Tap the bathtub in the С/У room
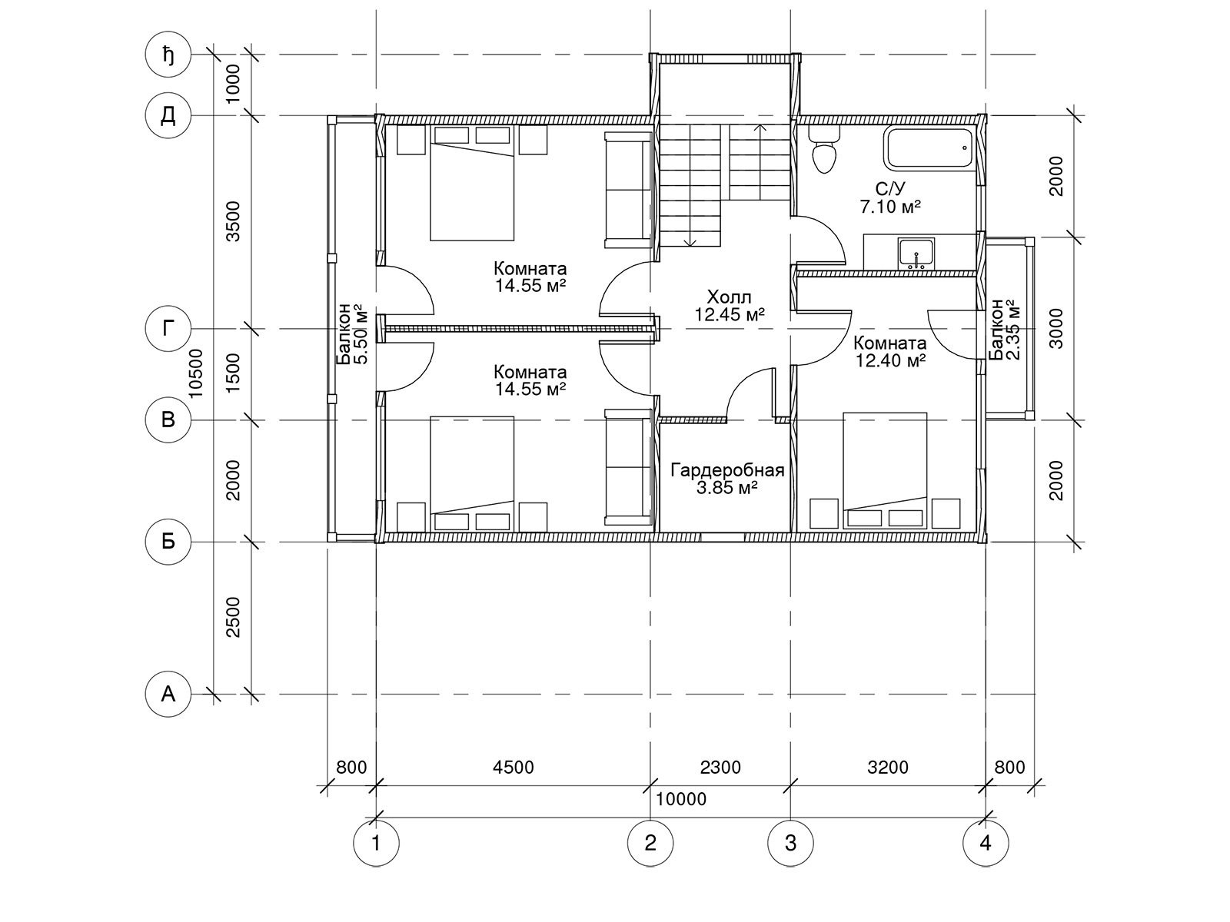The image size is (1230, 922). [x=929, y=148]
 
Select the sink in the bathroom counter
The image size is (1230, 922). [x=916, y=254]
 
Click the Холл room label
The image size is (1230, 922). [x=729, y=297]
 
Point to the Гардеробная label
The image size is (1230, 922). [x=726, y=470]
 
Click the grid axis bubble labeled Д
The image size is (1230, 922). [x=168, y=116]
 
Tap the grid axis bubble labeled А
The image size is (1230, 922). [x=168, y=695]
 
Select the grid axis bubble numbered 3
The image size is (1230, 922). [x=790, y=843]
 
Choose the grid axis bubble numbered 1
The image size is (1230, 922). [x=376, y=843]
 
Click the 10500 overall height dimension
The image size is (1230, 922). [x=196, y=373]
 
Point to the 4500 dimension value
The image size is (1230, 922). [x=514, y=767]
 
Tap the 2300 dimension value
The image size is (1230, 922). [x=720, y=767]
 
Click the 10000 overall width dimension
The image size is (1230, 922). [x=681, y=799]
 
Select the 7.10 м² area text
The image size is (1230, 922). [x=890, y=207]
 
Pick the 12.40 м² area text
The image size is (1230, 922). [x=890, y=360]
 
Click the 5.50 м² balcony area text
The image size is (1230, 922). [x=362, y=335]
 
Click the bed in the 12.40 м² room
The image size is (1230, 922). [x=885, y=470]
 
